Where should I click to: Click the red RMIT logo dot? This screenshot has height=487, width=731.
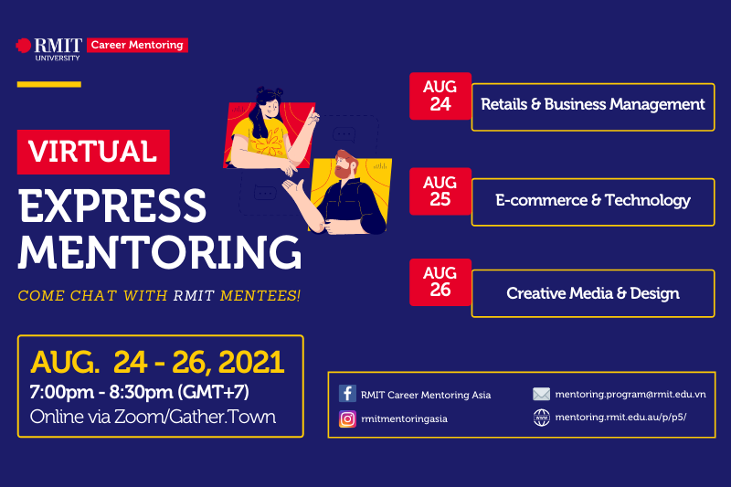coord(24,46)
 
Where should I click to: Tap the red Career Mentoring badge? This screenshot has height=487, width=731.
coord(138,45)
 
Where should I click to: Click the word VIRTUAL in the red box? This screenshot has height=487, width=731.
coord(93,152)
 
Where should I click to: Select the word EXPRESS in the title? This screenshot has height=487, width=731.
coord(112,205)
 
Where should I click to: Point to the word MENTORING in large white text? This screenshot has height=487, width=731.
coord(160,251)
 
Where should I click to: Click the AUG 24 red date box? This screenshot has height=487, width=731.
coord(440,96)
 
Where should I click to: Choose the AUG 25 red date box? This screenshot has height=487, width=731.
coord(440,191)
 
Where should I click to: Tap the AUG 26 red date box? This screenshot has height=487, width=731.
coord(440,282)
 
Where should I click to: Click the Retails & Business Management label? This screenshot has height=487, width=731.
coord(593,105)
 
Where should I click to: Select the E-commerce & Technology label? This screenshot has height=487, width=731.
coord(593,200)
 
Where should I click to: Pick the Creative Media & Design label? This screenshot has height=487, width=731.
coord(593,293)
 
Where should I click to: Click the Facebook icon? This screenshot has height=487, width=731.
coord(347,393)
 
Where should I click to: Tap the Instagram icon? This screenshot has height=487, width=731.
coord(347,419)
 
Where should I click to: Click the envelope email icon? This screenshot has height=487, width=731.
coord(541,395)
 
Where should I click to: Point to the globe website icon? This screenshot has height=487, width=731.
coord(541,418)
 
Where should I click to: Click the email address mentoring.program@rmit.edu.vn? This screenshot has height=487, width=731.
coord(630,395)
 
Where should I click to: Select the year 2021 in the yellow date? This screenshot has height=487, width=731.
coord(251,362)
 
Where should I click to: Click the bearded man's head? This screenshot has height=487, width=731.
coord(345,164)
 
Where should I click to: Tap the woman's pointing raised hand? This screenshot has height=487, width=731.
coord(313,114)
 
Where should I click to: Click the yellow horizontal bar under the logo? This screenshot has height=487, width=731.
coord(49,84)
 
